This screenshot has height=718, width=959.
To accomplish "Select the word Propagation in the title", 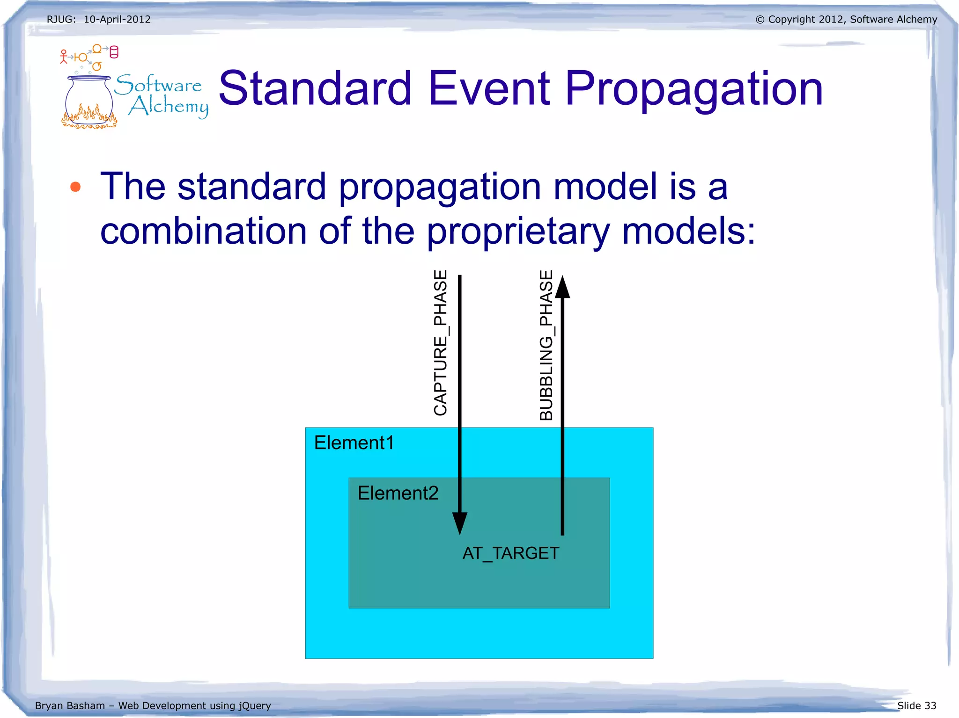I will click(x=693, y=89).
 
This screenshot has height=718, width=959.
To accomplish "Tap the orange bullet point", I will click(x=75, y=188).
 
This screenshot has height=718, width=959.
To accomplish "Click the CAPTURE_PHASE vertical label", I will click(x=441, y=342).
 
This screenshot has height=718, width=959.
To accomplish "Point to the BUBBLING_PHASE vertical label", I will click(x=546, y=345).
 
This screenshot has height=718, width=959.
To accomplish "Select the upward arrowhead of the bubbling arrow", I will click(x=562, y=287).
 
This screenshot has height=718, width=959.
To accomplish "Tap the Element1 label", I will click(x=354, y=442).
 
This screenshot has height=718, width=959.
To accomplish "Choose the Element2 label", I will click(x=398, y=493).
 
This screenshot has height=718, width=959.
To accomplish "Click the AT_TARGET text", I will click(x=510, y=553).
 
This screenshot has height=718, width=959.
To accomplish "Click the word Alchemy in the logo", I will click(x=169, y=106).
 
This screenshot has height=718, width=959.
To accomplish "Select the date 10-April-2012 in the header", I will click(x=117, y=20).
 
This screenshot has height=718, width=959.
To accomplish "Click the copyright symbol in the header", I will click(x=760, y=20).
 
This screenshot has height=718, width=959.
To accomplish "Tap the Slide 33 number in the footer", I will click(x=916, y=705).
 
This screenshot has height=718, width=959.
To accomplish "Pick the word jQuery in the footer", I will click(x=255, y=706).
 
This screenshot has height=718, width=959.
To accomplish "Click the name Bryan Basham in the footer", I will click(x=70, y=705).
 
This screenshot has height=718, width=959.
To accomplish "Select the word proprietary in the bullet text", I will click(x=518, y=232).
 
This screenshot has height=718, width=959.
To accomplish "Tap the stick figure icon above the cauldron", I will click(x=64, y=57).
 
